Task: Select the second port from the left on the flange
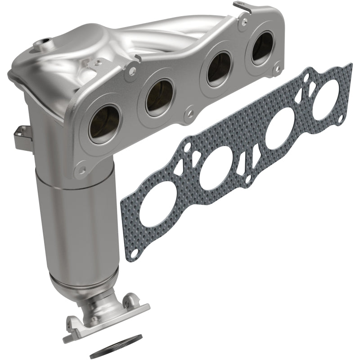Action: [x=159, y=96]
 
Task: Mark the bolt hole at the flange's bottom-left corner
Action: [x=82, y=170]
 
